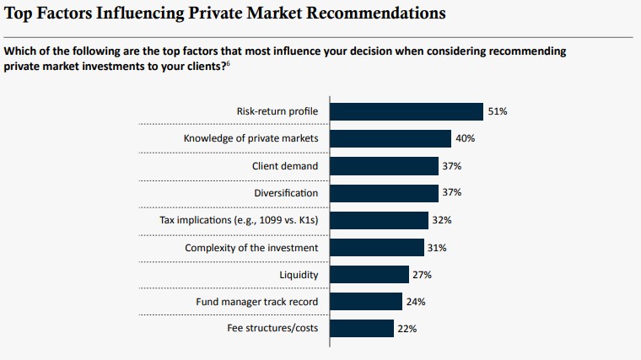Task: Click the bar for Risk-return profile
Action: click(x=406, y=111)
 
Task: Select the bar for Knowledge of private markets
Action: click(x=391, y=139)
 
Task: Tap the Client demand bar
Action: click(x=384, y=166)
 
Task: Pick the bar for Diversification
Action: click(x=384, y=193)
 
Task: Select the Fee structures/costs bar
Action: click(x=361, y=328)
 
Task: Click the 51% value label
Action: click(x=498, y=111)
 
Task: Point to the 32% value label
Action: click(x=443, y=220)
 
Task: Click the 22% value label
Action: click(x=408, y=328)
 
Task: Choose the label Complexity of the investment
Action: click(x=251, y=248)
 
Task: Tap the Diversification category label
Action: click(x=286, y=193)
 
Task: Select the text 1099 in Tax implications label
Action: click(x=261, y=220)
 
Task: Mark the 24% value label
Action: click(x=415, y=301)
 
